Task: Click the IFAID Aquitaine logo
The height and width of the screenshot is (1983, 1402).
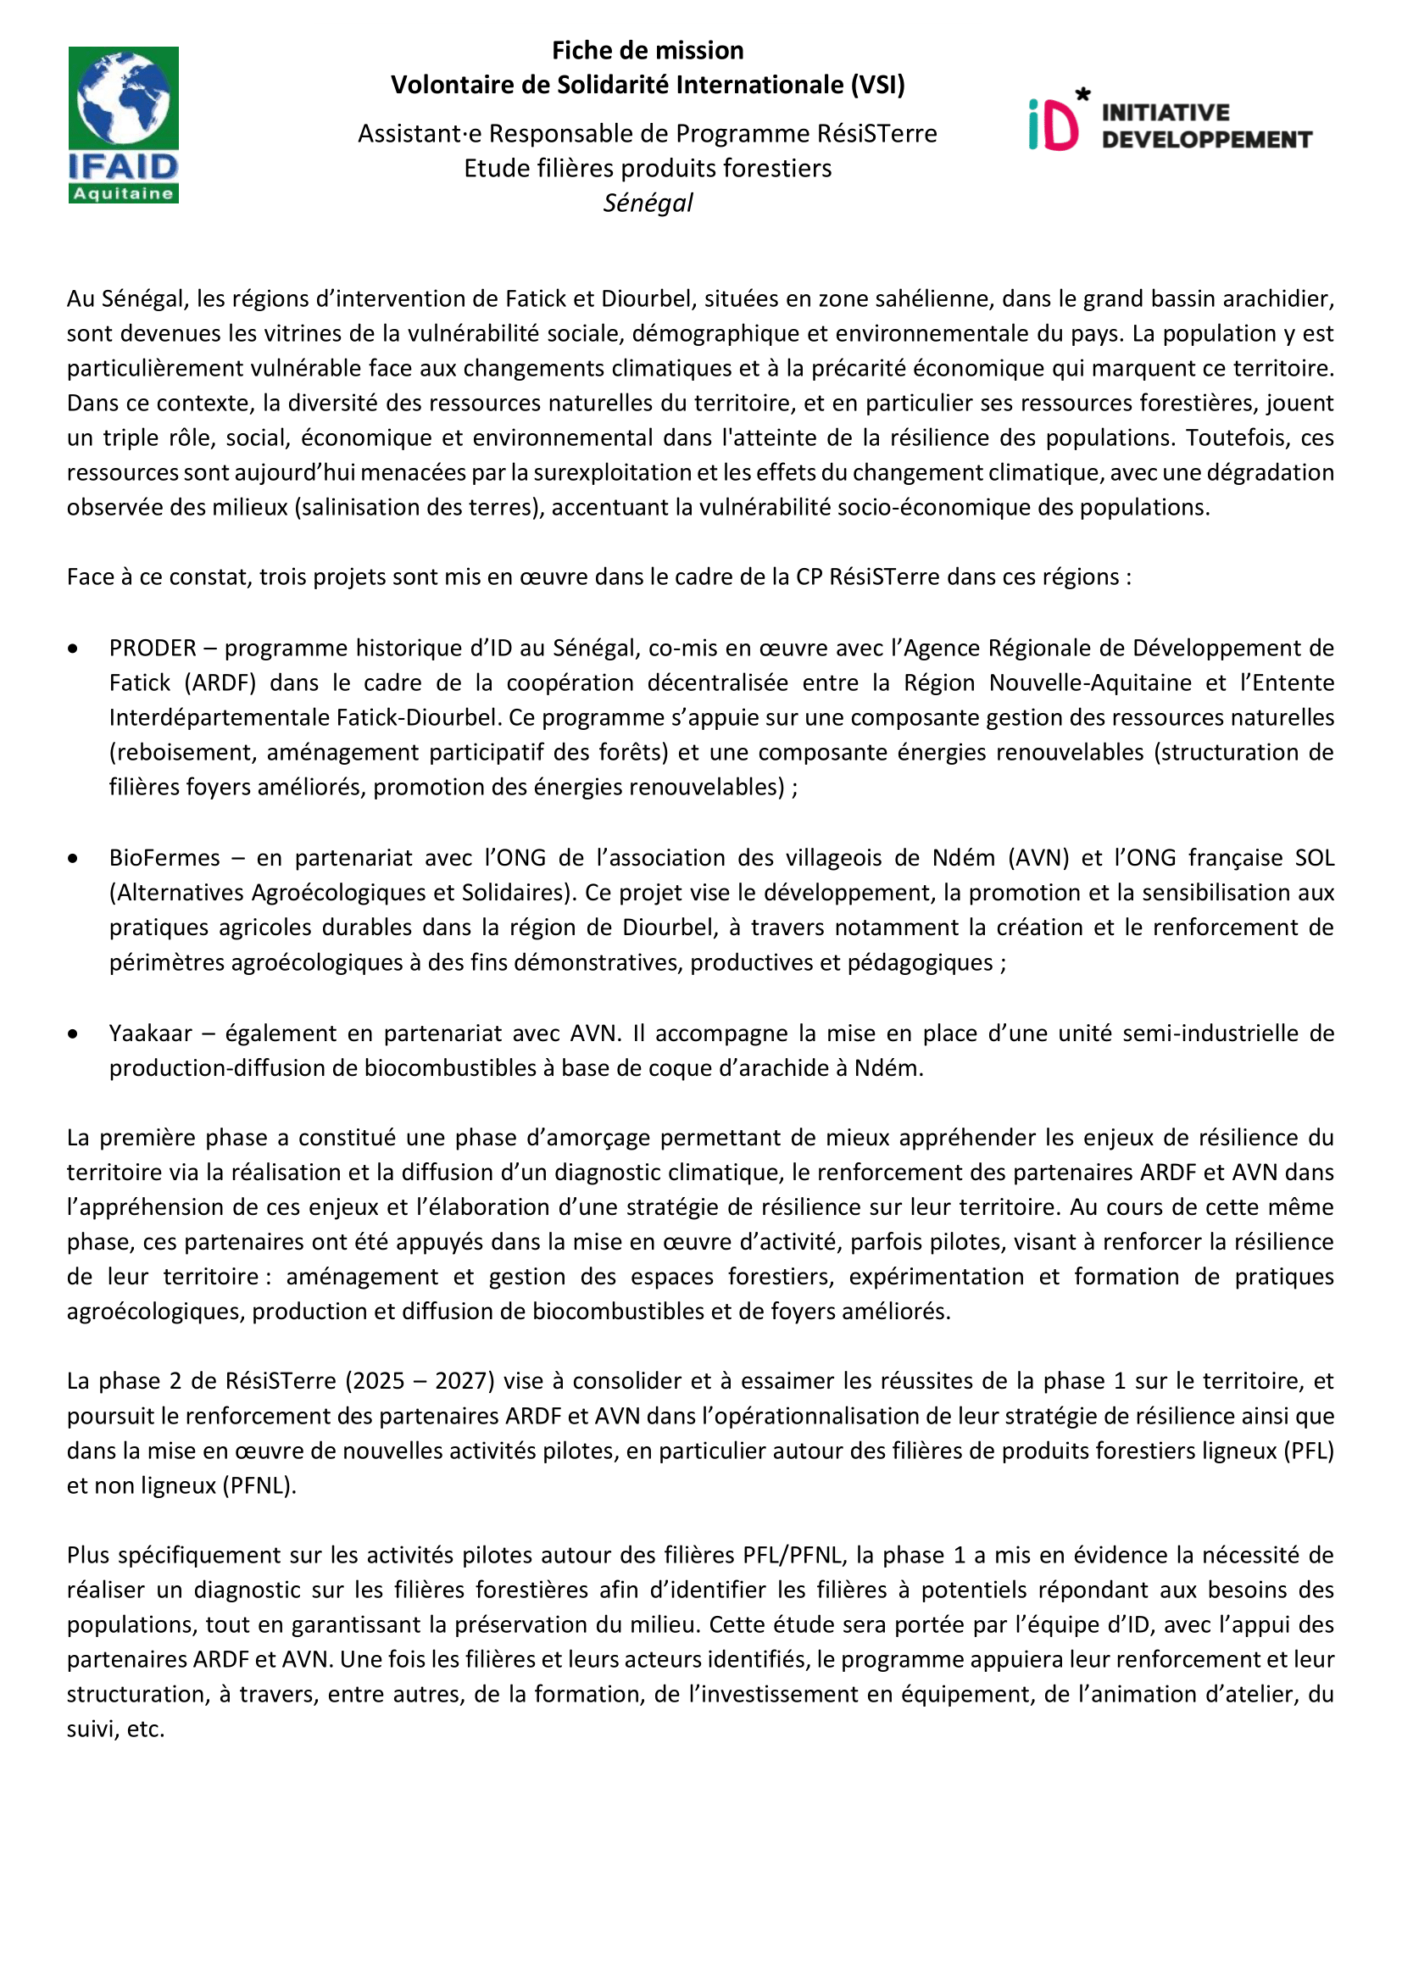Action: [x=124, y=125]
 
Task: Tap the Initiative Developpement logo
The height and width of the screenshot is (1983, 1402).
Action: [x=1170, y=122]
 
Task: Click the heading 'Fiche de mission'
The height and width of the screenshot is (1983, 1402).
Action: [x=648, y=51]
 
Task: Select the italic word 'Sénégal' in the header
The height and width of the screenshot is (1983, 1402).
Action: [x=648, y=203]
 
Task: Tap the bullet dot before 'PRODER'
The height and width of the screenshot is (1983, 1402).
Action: [x=74, y=649]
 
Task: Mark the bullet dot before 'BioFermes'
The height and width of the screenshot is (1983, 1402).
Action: [x=74, y=859]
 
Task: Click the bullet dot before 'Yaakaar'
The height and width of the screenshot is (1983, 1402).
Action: [x=74, y=1033]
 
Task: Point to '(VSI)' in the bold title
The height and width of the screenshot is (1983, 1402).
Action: [x=878, y=86]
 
